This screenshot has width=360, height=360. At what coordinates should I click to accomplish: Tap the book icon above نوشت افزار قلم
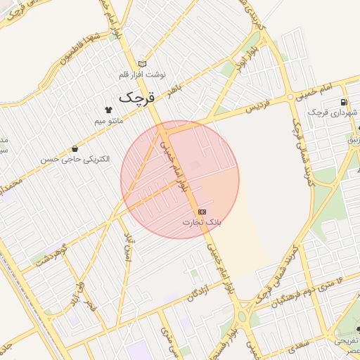point(143,63)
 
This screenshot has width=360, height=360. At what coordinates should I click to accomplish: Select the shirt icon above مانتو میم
point(108,110)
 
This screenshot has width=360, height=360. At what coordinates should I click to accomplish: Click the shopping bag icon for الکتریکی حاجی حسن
point(75,148)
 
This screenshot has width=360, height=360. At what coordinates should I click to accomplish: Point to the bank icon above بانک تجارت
point(202,211)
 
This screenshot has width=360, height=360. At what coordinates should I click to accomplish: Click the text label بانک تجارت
point(202,221)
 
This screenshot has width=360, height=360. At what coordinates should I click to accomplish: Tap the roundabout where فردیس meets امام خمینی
point(290,96)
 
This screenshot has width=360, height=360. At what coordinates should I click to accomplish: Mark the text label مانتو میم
point(109,121)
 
